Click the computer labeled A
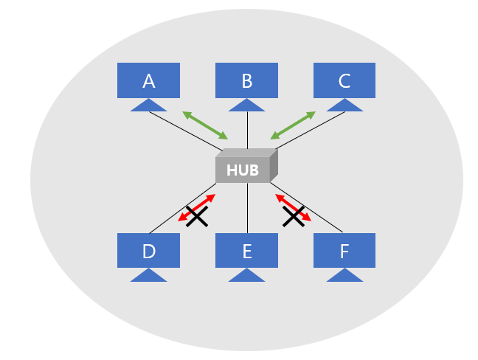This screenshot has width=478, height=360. tap(148, 80)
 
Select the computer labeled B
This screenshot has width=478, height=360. tap(246, 80)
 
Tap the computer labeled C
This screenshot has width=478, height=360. tap(344, 80)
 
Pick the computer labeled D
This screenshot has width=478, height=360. tap(148, 251)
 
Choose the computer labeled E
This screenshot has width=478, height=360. tap(246, 251)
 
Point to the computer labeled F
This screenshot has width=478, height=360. tap(344, 251)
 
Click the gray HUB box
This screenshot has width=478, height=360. tap(244, 169)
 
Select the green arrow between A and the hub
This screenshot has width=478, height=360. tap(205, 125)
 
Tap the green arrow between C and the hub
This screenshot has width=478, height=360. tap(293, 125)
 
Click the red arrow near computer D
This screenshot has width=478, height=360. tap(197, 207)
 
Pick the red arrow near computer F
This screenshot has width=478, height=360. tap(293, 207)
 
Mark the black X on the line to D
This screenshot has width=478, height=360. tap(196, 216)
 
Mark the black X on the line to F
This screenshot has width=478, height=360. tap(294, 216)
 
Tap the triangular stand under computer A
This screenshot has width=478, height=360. tap(149, 105)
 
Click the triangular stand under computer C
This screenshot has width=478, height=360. tap(344, 105)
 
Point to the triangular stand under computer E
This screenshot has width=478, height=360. tap(246, 276)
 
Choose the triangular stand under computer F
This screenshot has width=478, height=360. tap(344, 276)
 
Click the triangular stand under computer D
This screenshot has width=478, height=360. tap(149, 276)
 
